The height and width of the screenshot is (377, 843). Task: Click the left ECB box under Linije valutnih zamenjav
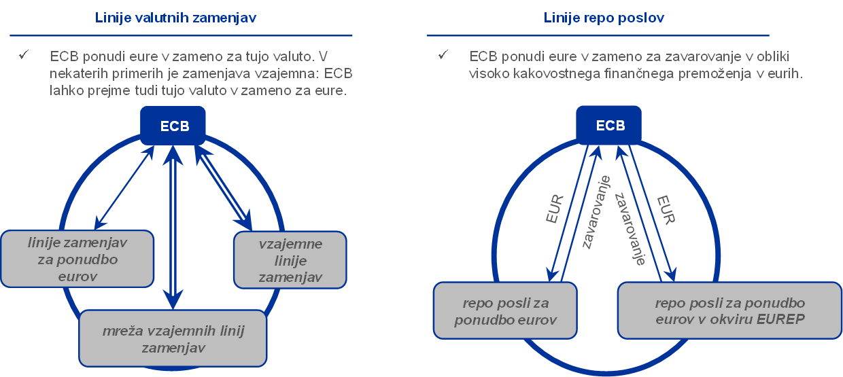(x=173, y=126)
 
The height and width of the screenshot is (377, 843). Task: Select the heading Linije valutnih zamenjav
(x=175, y=18)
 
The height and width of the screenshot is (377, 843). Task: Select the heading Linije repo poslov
(x=604, y=18)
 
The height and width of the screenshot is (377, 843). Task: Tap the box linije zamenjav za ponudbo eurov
(x=78, y=259)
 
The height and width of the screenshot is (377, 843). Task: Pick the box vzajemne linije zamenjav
(x=290, y=260)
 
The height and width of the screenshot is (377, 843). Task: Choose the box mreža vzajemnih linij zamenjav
(x=173, y=339)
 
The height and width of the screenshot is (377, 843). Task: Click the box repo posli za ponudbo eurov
(x=505, y=310)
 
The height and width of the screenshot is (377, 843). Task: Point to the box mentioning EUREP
(x=729, y=310)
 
